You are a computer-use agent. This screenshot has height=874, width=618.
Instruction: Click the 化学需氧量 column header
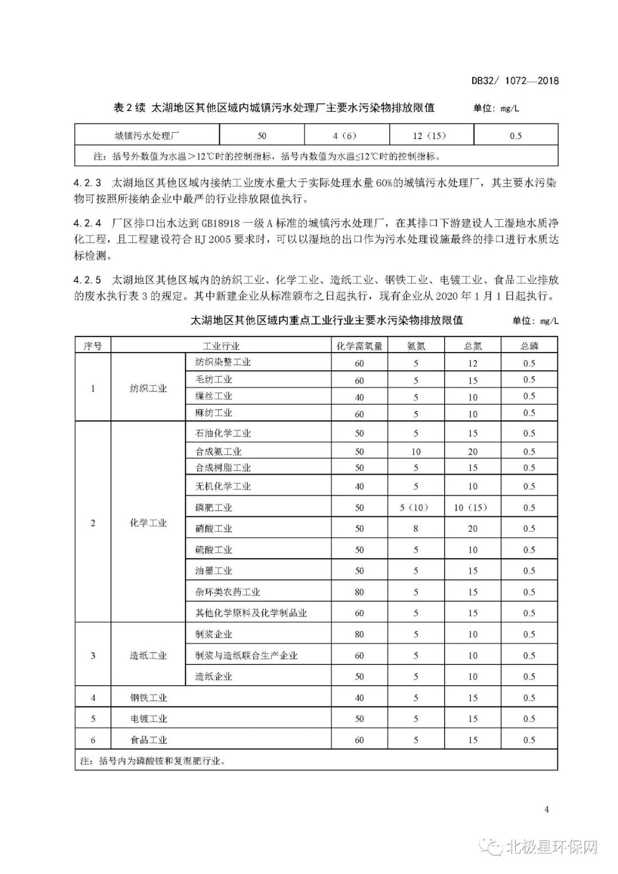tap(359, 346)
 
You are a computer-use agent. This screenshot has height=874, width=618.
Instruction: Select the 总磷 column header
tap(529, 346)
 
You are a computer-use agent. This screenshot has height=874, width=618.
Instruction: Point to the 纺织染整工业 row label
tap(223, 362)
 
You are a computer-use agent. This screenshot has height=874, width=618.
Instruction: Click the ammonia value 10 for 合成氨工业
tap(415, 452)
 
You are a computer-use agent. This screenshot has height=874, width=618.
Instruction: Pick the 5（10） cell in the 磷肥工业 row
tap(415, 508)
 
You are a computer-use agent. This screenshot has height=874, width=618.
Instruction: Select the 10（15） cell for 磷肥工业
tap(472, 508)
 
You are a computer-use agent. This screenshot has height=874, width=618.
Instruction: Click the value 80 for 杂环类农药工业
tap(359, 592)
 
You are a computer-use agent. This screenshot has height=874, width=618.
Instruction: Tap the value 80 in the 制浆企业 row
tap(359, 634)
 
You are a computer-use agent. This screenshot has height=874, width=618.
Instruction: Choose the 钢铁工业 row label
tap(148, 698)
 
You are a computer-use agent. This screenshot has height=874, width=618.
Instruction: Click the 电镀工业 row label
tap(148, 719)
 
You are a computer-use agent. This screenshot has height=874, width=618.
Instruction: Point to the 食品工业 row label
tap(148, 740)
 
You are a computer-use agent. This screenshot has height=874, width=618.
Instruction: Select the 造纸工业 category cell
tap(148, 655)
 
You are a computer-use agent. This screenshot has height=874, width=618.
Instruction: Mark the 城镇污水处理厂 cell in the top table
tap(148, 136)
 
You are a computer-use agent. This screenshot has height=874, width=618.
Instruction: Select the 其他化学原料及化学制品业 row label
tap(251, 613)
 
